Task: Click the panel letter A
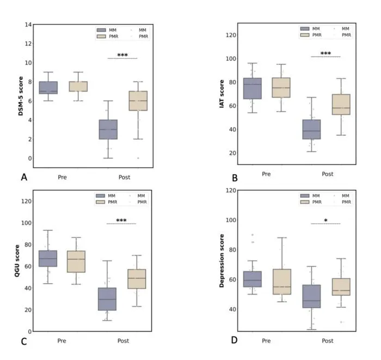pyautogui.click(x=24, y=177)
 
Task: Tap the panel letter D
pyautogui.click(x=234, y=340)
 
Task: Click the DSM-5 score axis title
pyautogui.click(x=21, y=96)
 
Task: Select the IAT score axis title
pyautogui.click(x=222, y=94)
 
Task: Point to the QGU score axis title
pyautogui.click(x=17, y=260)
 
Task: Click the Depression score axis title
pyautogui.click(x=222, y=260)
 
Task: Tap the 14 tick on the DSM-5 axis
pyautogui.click(x=28, y=25)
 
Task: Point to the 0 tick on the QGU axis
pyautogui.click(x=29, y=332)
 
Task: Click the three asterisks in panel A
pyautogui.click(x=122, y=55)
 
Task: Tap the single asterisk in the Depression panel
pyautogui.click(x=325, y=220)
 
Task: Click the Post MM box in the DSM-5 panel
pyautogui.click(x=108, y=130)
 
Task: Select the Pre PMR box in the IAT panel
pyautogui.click(x=281, y=88)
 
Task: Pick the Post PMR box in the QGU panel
pyautogui.click(x=137, y=279)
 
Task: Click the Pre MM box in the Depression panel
pyautogui.click(x=253, y=279)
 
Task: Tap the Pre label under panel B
pyautogui.click(x=266, y=174)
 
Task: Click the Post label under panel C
pyautogui.click(x=123, y=341)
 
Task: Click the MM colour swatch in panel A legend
pyautogui.click(x=101, y=30)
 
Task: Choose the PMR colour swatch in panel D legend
pyautogui.click(x=305, y=202)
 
